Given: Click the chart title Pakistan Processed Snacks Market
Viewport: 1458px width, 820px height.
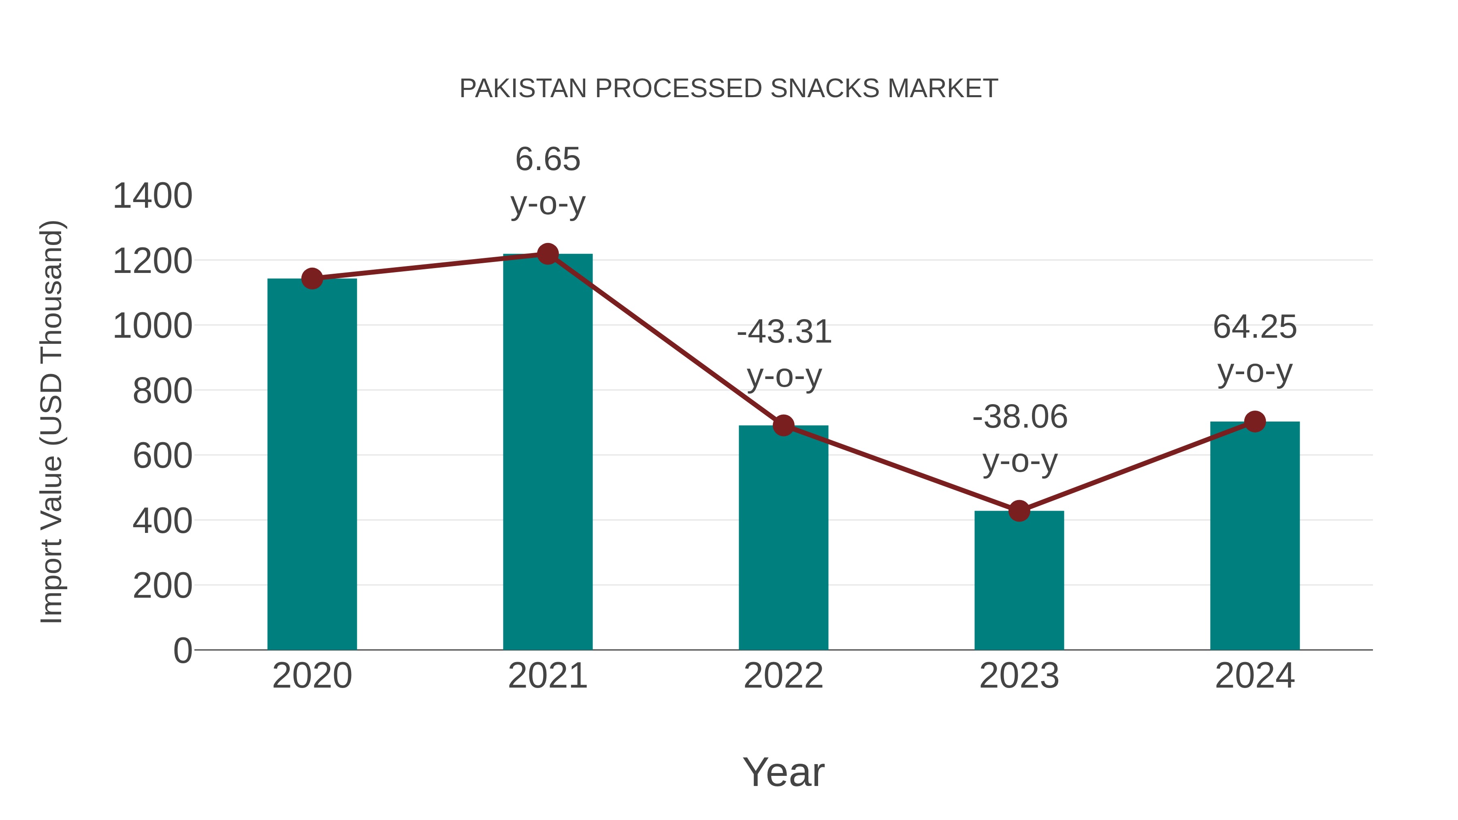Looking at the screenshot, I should tap(729, 89).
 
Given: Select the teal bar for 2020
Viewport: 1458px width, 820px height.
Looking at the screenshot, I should tap(312, 464).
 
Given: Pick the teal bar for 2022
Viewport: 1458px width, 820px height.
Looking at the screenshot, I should tap(783, 538).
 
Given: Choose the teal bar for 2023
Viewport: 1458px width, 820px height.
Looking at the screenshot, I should tap(1019, 580).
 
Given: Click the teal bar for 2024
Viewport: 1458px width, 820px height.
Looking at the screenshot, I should tap(1255, 535).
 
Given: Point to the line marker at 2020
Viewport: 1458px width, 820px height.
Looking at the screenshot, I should tap(312, 279).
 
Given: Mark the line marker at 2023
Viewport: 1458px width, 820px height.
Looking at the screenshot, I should tap(1019, 511).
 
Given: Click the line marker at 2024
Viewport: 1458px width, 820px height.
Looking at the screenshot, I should tap(1255, 422).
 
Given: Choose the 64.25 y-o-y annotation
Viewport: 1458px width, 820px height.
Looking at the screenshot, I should tap(1255, 349).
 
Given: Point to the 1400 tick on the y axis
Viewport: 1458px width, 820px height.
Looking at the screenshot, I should tap(153, 196).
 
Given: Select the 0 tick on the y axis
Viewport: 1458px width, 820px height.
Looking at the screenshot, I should tap(183, 651).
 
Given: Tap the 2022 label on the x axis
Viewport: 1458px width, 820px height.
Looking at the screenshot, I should tap(783, 676).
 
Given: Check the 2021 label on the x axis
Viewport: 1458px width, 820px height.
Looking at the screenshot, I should tap(547, 676).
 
